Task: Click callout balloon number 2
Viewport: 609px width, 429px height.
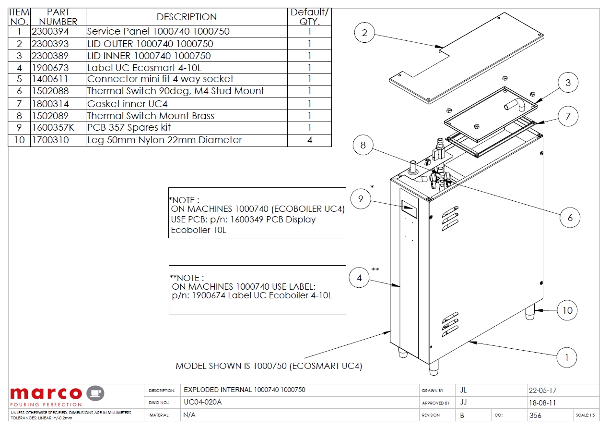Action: point(365,33)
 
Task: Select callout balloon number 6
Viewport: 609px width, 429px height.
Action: point(570,218)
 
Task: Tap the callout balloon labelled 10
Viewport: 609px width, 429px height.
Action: point(567,310)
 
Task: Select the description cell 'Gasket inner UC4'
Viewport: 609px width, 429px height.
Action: point(127,104)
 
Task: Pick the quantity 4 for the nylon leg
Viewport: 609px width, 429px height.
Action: point(309,140)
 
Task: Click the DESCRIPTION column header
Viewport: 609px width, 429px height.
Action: point(187,17)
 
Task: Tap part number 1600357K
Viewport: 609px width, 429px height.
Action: point(53,128)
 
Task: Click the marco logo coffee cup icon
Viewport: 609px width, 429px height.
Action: point(95,393)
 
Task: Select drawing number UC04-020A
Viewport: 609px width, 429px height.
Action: point(203,403)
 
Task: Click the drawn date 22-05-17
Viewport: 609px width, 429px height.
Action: point(543,391)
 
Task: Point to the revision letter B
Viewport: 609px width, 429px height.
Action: point(462,415)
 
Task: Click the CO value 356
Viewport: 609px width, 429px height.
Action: point(535,415)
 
